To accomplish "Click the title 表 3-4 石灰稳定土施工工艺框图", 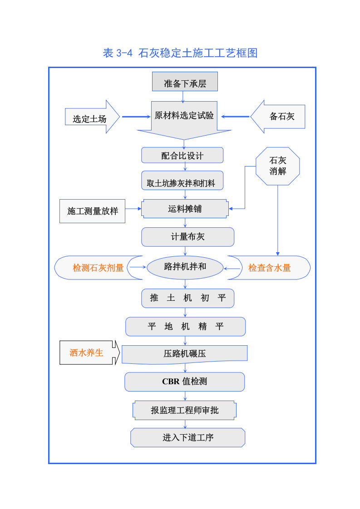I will click(180, 53).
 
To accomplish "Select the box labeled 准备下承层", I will click(185, 83).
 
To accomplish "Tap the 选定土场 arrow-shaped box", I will click(90, 119).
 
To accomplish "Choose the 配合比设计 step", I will click(182, 156).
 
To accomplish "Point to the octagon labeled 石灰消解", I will click(278, 166).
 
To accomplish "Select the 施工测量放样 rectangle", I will click(93, 211).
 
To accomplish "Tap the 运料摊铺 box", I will click(185, 209).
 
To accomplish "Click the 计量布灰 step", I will click(187, 237).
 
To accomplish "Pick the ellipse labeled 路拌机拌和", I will click(185, 267).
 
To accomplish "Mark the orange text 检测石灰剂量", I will click(98, 268).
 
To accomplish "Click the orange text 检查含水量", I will click(269, 268).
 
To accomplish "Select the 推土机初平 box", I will click(187, 298).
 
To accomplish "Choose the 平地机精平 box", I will click(185, 327).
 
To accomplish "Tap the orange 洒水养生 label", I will click(86, 352).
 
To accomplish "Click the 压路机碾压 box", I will click(185, 354).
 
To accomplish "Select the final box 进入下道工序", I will click(188, 438).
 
